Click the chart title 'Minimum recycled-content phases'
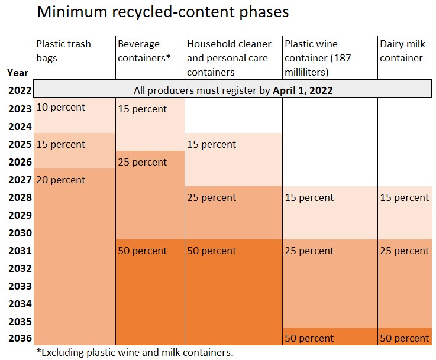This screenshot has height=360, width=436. pos(163,12)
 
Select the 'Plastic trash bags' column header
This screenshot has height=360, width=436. pos(63,51)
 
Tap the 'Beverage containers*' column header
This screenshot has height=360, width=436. pos(144,51)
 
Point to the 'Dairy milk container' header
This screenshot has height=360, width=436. pos(402,51)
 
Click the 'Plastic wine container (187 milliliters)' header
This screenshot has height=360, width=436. pos(318,58)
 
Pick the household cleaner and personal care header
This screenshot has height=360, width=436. pos(229,58)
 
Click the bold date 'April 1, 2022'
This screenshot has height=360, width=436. pos(303,90)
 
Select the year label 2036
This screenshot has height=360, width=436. pos(20,338)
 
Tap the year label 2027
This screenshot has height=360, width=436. pos(20,180)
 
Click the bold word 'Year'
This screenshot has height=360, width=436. pos(18,73)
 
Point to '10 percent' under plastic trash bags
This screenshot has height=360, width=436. pos(60,108)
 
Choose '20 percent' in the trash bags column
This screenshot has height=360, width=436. pos(60,180)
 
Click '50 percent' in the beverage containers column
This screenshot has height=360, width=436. pos(143,251)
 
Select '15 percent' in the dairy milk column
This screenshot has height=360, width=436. pos(405,198)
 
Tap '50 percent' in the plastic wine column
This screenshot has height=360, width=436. pos(309,338)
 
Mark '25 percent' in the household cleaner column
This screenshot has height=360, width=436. pos(212,198)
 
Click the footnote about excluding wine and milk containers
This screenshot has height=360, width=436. pos(135,352)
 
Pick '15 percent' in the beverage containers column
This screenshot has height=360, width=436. pos(143,109)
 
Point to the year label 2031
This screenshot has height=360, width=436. pos(20,251)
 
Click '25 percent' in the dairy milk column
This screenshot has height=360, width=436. pos(405,251)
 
